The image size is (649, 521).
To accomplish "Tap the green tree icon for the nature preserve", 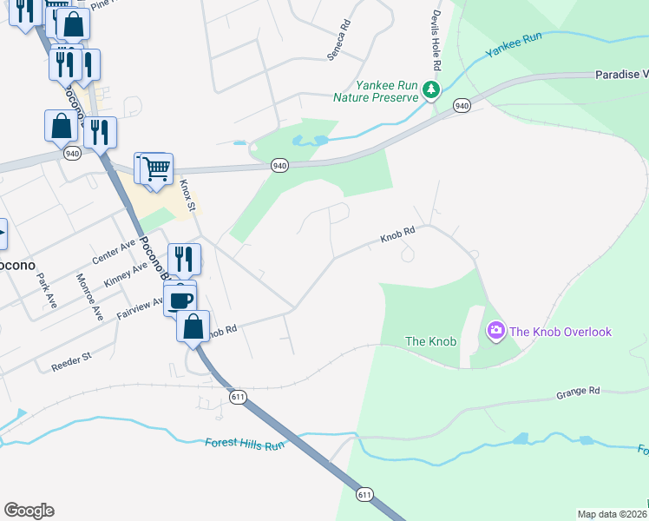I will point(430,89).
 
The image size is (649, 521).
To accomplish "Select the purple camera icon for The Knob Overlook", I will point(495,330).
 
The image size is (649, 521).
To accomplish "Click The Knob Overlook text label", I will point(560,332).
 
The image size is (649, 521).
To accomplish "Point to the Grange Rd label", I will point(578,392).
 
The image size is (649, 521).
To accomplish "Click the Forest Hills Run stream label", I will point(245,444).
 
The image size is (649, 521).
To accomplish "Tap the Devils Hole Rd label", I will point(436,43).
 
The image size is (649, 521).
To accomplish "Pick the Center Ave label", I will point(115,253).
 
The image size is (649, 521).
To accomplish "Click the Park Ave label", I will point(46,290).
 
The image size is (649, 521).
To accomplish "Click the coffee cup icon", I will point(181,300).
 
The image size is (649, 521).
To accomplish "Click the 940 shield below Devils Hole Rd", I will point(462,106).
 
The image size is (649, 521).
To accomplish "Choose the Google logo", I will point(29,511).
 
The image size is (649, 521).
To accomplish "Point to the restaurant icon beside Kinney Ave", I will point(184,258).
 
